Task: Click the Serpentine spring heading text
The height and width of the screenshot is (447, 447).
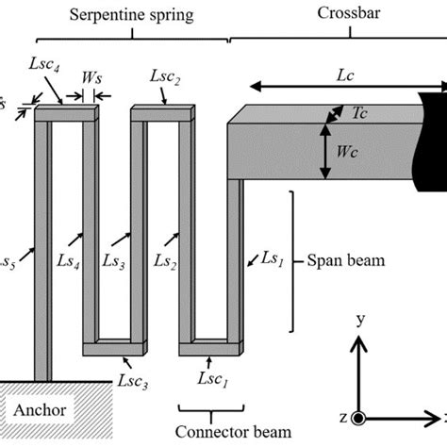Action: coord(131,17)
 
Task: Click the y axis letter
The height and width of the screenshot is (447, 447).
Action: coord(359,321)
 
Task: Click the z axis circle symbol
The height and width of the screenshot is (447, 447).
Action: coord(358,418)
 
